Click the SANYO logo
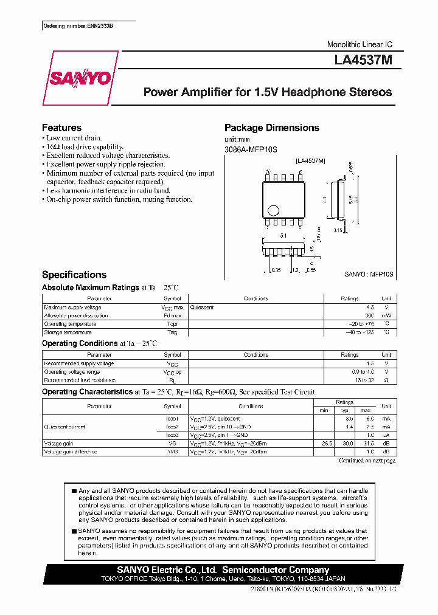80,78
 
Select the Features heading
61,128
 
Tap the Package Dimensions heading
271,128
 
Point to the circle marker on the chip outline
273,210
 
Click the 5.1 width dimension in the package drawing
283,235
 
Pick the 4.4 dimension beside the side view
325,199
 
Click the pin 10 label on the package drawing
268,173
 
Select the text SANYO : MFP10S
369,275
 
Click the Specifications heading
74,275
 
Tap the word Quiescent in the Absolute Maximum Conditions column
202,307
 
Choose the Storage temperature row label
68,332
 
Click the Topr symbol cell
172,324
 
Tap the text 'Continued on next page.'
367,461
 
